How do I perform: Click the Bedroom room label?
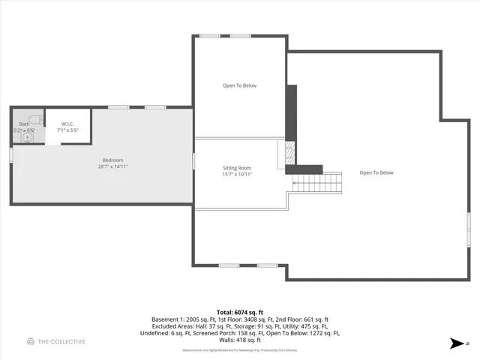click(112, 160)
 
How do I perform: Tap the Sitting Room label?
click(237, 168)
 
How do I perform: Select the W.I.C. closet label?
click(67, 124)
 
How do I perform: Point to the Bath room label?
click(24, 124)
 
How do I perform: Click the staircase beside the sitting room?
click(316, 181)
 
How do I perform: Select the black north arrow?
click(456, 343)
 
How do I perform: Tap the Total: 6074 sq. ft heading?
click(239, 311)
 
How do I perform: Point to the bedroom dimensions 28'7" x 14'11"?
click(112, 166)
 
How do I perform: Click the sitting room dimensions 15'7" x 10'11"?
click(237, 175)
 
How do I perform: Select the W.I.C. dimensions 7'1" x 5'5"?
click(67, 130)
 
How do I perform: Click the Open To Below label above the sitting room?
click(239, 85)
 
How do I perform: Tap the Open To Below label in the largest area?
click(376, 173)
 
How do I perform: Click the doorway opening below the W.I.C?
click(52, 145)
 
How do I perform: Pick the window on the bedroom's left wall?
click(11, 154)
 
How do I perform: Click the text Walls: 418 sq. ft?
click(239, 340)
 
